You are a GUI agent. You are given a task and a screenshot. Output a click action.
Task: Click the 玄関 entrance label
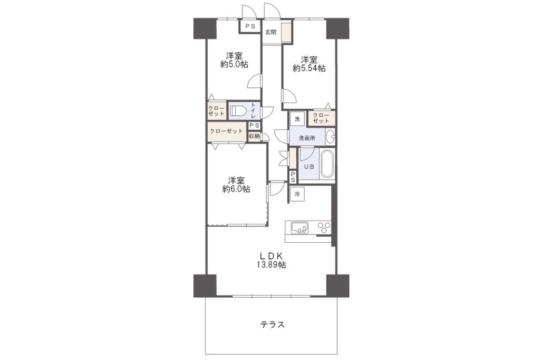coord(270,32)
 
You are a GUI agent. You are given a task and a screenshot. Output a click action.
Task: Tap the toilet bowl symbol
coord(238,111)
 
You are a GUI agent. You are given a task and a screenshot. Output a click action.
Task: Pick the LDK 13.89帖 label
coord(271,260)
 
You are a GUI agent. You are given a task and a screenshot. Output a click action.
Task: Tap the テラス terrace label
coord(272,324)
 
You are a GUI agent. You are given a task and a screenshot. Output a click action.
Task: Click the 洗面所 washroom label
coord(307,138)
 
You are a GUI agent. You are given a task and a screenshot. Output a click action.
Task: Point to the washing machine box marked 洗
coord(297,119)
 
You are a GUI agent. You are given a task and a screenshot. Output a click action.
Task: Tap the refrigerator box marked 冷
coord(297,194)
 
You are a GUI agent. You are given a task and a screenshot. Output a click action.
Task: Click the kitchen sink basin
coord(300,228)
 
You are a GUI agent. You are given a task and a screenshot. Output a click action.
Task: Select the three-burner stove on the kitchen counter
coord(324,228)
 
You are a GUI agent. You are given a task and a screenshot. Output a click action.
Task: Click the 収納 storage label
coord(254,136)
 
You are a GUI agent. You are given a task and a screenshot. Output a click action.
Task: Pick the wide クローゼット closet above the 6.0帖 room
coord(227,132)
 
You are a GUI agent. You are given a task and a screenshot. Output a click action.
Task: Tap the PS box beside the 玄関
coord(250,26)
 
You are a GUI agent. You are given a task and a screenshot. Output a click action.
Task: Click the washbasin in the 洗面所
coord(330,136)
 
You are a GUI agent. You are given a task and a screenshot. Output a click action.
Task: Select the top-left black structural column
coord(205,29)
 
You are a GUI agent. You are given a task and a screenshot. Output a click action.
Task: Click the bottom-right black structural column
coord(338,286)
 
